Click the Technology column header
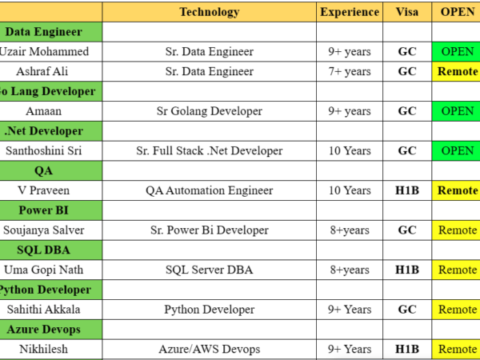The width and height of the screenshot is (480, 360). click(209, 12)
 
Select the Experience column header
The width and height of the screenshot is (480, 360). click(350, 12)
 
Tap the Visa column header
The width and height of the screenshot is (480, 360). click(406, 12)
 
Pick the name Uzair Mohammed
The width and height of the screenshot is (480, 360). click(45, 52)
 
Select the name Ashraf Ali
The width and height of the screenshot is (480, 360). click(45, 71)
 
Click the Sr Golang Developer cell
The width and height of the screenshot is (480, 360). click(209, 111)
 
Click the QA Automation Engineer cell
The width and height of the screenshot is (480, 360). click(209, 190)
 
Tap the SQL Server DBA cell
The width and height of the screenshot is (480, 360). click(209, 270)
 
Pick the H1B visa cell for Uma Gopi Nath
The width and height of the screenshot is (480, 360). click(406, 270)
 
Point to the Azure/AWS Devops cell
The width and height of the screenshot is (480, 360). click(209, 349)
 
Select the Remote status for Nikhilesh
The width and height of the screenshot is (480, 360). click(457, 349)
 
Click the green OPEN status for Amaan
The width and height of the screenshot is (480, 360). click(457, 111)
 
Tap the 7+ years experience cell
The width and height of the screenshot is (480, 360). click(350, 71)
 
